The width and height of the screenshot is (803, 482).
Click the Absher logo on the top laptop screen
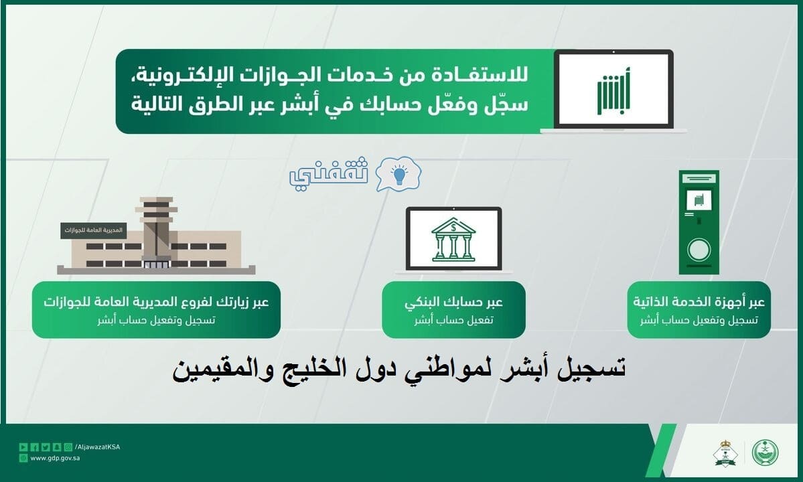(x=613, y=91)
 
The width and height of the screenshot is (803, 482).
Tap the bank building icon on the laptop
(x=453, y=240)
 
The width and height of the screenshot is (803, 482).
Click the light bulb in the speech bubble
(x=399, y=175)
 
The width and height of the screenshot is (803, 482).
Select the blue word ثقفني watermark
(x=328, y=173)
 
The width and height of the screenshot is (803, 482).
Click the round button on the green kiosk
(x=699, y=250)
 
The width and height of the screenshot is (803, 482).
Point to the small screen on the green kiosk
(x=699, y=199)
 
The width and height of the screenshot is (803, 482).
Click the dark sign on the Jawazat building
(x=94, y=230)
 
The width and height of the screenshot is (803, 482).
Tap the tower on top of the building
(x=156, y=228)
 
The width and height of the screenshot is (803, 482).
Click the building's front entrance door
(x=156, y=264)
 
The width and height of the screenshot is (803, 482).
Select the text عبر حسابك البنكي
(x=453, y=302)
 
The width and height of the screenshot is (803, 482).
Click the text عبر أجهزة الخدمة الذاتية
(x=699, y=301)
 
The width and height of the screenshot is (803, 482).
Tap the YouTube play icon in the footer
(x=23, y=447)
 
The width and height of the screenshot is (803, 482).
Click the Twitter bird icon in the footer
(x=46, y=447)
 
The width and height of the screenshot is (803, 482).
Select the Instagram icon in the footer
(x=68, y=447)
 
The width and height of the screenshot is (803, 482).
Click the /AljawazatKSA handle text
(x=97, y=447)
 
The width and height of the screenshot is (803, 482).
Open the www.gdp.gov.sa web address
(x=55, y=459)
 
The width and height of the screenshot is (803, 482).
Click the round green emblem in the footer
(x=765, y=453)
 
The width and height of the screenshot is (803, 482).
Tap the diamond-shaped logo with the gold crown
(x=725, y=453)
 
